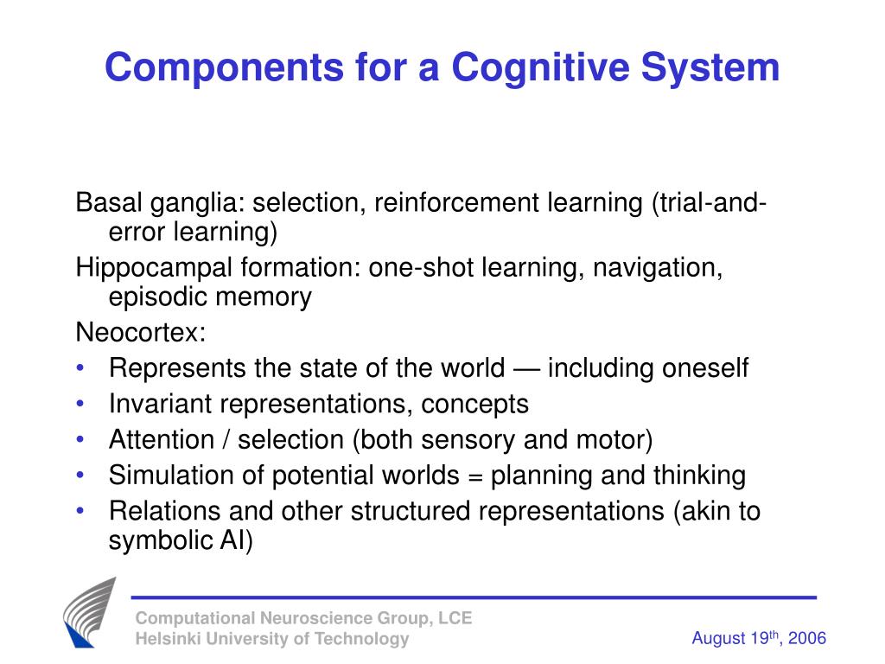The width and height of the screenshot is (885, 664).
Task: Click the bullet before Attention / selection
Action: [80, 440]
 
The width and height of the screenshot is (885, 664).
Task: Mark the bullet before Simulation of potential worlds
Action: [80, 476]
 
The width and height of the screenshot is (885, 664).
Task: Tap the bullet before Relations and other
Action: [80, 511]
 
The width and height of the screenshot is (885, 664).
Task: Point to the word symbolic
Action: [158, 541]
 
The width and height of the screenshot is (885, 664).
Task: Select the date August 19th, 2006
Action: [758, 638]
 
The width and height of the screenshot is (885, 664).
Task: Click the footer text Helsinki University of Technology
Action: [271, 639]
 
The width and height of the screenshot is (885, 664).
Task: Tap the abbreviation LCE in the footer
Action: [455, 617]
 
